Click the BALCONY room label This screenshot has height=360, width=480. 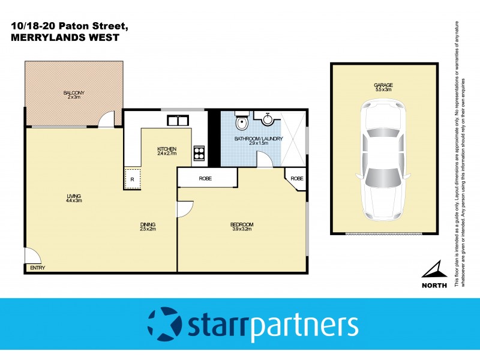pos(74,95)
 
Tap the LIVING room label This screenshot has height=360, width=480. pos(74,197)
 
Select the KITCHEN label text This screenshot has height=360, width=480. pos(166,151)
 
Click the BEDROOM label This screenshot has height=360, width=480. pos(242,227)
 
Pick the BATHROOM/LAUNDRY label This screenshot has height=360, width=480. pos(258,142)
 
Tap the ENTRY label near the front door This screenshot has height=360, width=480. pos(37,268)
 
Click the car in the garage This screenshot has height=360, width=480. pos(384,162)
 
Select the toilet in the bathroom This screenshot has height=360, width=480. pos(241,124)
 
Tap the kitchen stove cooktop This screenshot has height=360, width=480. pos(199,154)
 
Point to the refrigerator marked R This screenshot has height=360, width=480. pos(132,179)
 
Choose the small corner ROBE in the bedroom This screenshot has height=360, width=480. pos(296,179)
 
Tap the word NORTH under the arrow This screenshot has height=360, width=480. pos(434,285)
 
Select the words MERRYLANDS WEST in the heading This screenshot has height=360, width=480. pos(65,37)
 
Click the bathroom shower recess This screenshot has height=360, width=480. pos(291,136)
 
